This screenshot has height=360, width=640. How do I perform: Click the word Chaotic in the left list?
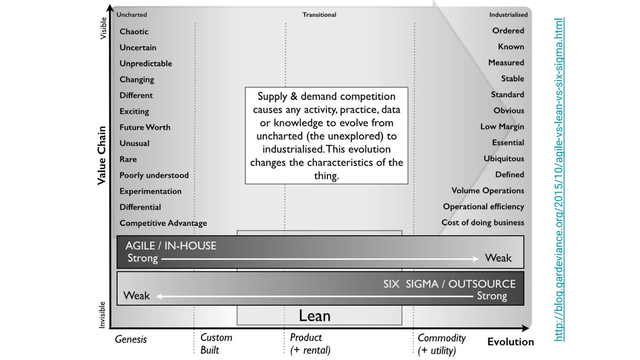134,32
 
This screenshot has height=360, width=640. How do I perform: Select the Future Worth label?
145,127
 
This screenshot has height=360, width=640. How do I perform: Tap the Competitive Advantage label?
163,223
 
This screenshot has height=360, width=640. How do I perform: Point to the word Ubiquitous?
504,158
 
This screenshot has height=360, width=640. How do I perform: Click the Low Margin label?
502,127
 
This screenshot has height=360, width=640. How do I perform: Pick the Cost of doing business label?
482,222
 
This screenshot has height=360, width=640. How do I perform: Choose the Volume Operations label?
487,191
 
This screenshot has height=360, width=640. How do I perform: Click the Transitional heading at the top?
319,15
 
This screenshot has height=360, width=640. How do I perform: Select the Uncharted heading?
132,15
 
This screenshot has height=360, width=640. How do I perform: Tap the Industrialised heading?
508,15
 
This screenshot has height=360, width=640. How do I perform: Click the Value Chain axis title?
102,155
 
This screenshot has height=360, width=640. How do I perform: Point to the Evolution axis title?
510,342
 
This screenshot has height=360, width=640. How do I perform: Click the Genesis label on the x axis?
131,339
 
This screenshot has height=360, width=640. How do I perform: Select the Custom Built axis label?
216,344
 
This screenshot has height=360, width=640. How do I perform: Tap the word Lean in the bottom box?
314,316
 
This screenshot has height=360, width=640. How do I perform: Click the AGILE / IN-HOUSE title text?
171,246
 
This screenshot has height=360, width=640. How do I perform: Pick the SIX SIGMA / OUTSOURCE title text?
449,284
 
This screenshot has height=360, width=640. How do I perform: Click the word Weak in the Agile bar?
498,258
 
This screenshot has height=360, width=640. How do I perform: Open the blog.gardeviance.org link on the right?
559,180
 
